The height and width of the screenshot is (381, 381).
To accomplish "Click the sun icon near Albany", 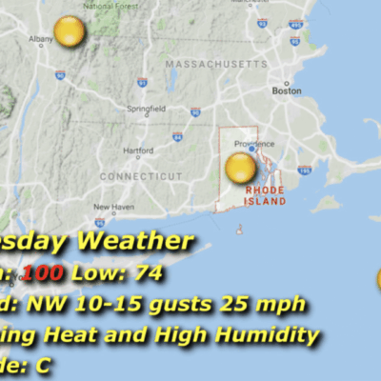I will click(x=70, y=32).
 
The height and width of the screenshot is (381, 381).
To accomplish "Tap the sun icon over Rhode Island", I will click(x=241, y=169).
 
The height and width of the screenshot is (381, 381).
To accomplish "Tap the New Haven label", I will click(x=114, y=207).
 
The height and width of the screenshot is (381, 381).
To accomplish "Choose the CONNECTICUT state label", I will click(x=134, y=177).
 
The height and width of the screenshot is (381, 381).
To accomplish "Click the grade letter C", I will click(x=42, y=365).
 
